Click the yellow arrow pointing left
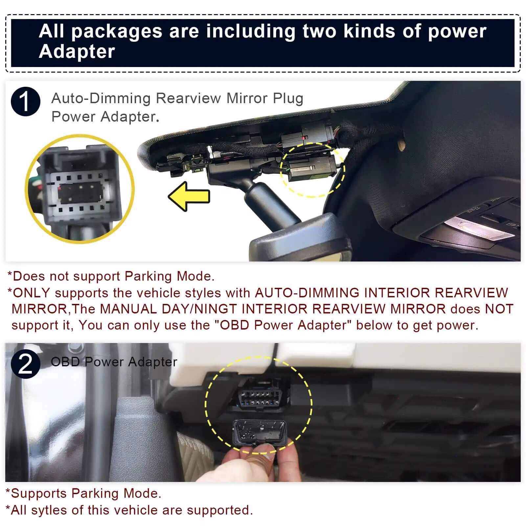189,196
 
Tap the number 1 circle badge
26,102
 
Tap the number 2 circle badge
26,364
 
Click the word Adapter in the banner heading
77,52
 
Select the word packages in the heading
117,32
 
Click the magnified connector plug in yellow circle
80,190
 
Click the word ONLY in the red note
31,293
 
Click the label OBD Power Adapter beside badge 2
114,362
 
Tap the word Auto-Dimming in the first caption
101,98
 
